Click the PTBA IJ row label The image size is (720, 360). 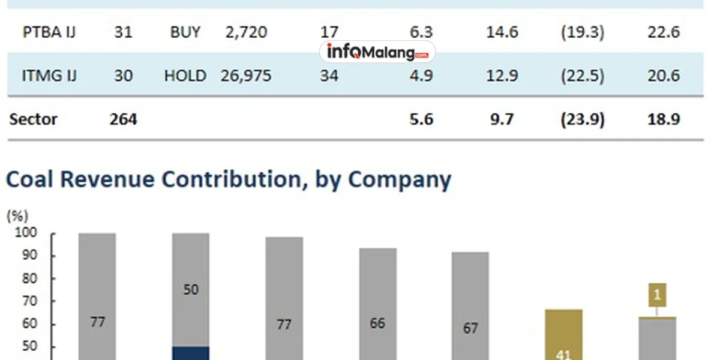tap(50, 32)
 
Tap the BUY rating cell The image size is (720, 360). tap(185, 32)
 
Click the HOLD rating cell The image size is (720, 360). tap(185, 76)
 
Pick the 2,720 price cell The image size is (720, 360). tap(246, 32)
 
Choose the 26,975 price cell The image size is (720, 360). tap(246, 76)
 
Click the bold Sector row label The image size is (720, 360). tap(34, 119)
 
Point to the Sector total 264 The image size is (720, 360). tap(123, 119)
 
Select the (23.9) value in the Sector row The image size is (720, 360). tap(582, 119)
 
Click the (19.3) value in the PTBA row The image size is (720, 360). tap(582, 32)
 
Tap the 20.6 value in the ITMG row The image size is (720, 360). tap(663, 76)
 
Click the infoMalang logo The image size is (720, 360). tap(377, 52)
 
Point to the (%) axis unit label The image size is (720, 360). tap(17, 216)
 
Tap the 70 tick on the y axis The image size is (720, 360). tap(29, 301)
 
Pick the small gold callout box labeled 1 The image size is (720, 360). tap(657, 295)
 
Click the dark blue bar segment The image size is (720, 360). tap(190, 353)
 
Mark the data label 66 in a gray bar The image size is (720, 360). tap(377, 323)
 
